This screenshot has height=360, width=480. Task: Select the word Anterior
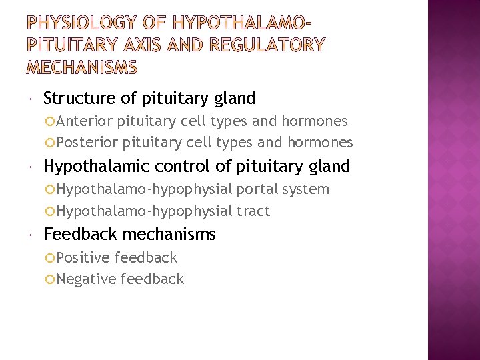[85, 121]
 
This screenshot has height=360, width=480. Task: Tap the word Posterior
[87, 142]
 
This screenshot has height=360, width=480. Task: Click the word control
[177, 166]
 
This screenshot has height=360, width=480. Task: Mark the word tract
[253, 211]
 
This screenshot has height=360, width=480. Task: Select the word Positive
[83, 257]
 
